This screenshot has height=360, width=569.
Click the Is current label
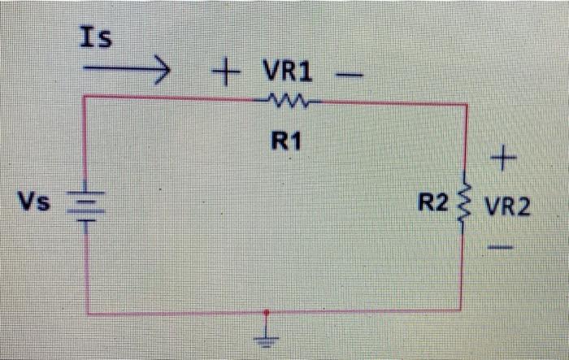pyautogui.click(x=96, y=37)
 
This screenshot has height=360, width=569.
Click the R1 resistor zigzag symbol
pyautogui.click(x=287, y=102)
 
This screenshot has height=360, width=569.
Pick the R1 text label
pyautogui.click(x=286, y=143)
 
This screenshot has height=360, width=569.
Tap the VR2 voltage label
pyautogui.click(x=508, y=208)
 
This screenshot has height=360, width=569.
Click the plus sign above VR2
pyautogui.click(x=505, y=158)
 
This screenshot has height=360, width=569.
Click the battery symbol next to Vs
pyautogui.click(x=84, y=202)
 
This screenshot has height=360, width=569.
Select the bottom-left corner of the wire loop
pyautogui.click(x=87, y=312)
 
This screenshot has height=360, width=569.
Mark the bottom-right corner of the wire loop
pyautogui.click(x=461, y=310)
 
